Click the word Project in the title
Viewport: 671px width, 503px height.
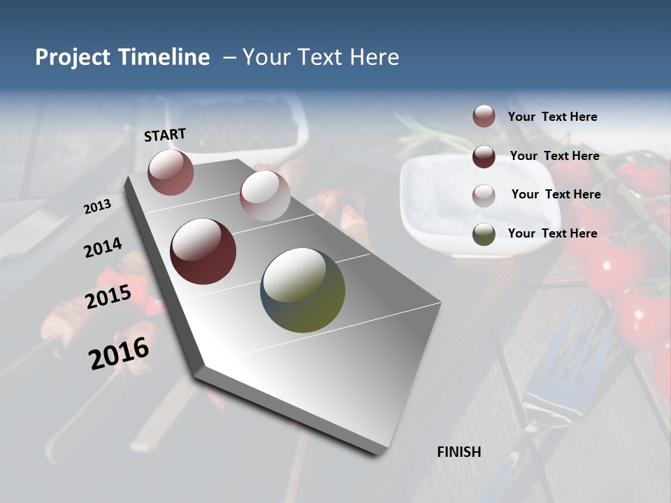pyautogui.click(x=72, y=57)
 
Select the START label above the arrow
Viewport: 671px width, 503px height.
pyautogui.click(x=165, y=135)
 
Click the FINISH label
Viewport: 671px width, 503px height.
pyautogui.click(x=459, y=452)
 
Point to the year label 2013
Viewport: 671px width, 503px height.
pyautogui.click(x=97, y=207)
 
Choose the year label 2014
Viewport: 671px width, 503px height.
pyautogui.click(x=103, y=248)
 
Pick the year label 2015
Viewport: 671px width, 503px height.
pyautogui.click(x=108, y=297)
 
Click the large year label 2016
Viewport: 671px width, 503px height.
pyautogui.click(x=119, y=353)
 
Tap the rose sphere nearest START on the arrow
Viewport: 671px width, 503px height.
pyautogui.click(x=171, y=172)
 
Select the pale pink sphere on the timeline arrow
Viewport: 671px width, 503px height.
pyautogui.click(x=265, y=195)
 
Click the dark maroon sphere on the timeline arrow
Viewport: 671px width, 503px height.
pyautogui.click(x=203, y=251)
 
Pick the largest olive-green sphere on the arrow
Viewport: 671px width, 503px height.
pyautogui.click(x=303, y=290)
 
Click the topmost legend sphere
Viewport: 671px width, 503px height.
pyautogui.click(x=484, y=116)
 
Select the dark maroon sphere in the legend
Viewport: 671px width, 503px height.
pyautogui.click(x=484, y=156)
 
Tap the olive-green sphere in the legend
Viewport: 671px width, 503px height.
pyautogui.click(x=484, y=234)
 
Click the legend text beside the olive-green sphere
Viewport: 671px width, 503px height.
pyautogui.click(x=552, y=233)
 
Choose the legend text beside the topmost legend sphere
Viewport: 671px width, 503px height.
pyautogui.click(x=552, y=117)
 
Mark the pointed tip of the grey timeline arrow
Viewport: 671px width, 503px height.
pyautogui.click(x=381, y=453)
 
